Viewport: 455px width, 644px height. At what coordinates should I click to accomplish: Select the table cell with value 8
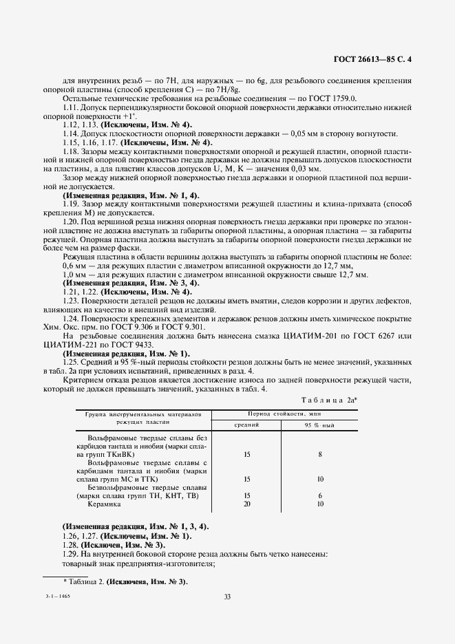click(x=320, y=455)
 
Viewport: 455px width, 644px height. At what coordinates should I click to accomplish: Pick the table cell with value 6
click(x=320, y=495)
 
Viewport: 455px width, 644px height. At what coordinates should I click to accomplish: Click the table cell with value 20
click(x=247, y=504)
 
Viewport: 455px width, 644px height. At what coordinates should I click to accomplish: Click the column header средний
click(x=247, y=426)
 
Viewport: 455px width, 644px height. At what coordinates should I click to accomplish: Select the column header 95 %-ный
click(x=319, y=426)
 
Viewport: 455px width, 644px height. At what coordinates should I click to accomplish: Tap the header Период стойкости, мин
click(x=283, y=415)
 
